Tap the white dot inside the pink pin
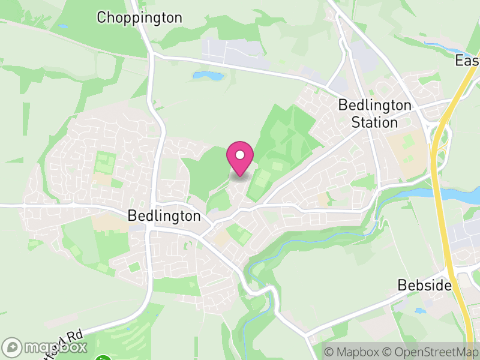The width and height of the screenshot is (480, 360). tap(240, 155)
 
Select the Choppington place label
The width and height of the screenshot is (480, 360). tap(139, 18)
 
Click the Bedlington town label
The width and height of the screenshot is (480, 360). tap(164, 216)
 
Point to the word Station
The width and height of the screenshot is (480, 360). tap(374, 123)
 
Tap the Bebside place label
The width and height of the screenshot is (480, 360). tap(424, 286)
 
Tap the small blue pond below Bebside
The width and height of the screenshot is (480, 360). tap(419, 311)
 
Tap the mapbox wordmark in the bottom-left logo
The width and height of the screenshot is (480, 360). tap(54, 347)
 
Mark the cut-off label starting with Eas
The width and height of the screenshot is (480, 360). tap(467, 61)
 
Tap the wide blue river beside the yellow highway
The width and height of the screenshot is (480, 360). tap(462, 195)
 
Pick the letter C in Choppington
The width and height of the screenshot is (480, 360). tap(101, 18)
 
